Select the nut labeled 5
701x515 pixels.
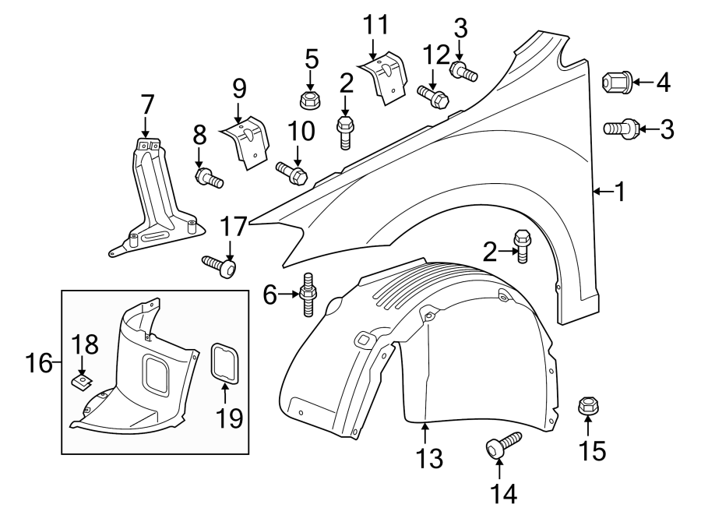click(x=310, y=99)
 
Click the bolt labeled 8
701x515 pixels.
click(x=209, y=178)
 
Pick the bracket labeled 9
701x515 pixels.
click(x=247, y=140)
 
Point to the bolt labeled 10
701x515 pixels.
click(x=293, y=171)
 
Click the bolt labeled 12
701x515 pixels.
click(x=432, y=97)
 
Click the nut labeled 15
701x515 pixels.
click(x=587, y=407)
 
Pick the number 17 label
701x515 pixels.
click(x=233, y=227)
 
